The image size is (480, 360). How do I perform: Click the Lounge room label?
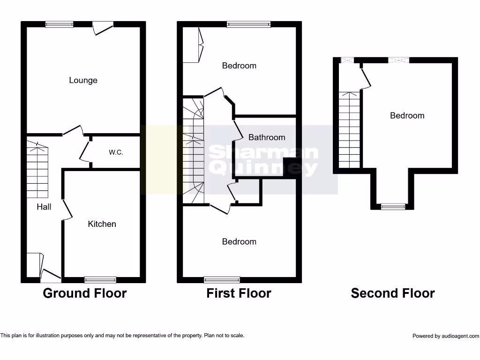pyautogui.click(x=83, y=80)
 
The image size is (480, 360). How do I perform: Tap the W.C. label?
pyautogui.click(x=116, y=152)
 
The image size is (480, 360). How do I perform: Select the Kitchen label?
pyautogui.click(x=102, y=224)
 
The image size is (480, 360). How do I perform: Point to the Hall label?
pyautogui.click(x=44, y=207)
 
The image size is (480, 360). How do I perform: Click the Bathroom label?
pyautogui.click(x=266, y=137)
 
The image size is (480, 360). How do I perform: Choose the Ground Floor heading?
pyautogui.click(x=84, y=293)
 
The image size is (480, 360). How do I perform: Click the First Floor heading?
pyautogui.click(x=239, y=293)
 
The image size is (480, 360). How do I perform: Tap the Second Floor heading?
pyautogui.click(x=393, y=293)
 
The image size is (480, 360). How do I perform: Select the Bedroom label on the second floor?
pyautogui.click(x=407, y=116)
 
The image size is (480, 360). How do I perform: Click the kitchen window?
pyautogui.click(x=100, y=280)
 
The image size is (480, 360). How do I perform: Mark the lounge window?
pyautogui.click(x=59, y=24)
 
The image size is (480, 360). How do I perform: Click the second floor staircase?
pyautogui.click(x=349, y=129)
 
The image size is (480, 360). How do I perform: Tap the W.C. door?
pyautogui.click(x=85, y=151)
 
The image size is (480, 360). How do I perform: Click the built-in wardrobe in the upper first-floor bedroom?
pyautogui.click(x=192, y=45)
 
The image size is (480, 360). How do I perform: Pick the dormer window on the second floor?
pyautogui.click(x=393, y=206)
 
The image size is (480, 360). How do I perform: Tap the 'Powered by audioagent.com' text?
pyautogui.click(x=445, y=336)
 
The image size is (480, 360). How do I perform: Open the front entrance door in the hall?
pyautogui.click(x=50, y=275)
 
